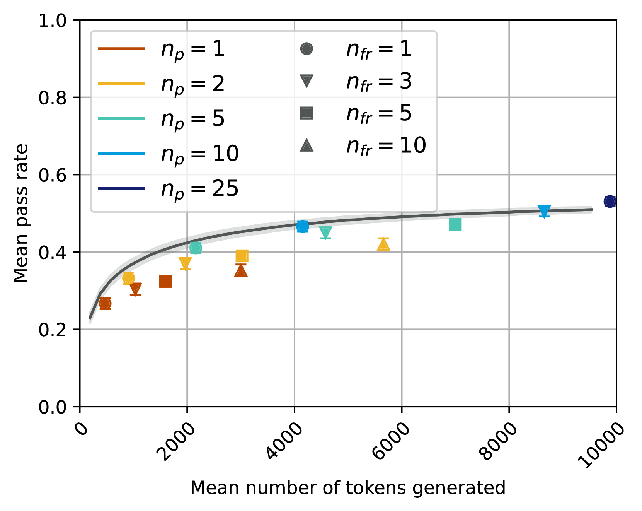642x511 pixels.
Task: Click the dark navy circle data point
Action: point(610,201)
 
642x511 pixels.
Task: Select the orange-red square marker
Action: point(165,282)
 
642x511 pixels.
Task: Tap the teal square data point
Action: point(455,224)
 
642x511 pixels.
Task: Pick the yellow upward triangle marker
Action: point(383,244)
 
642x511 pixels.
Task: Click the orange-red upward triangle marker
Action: point(241,271)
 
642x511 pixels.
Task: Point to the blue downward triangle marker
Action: point(544,211)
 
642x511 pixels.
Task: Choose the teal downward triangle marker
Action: point(325,232)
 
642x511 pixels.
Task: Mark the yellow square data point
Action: point(242,256)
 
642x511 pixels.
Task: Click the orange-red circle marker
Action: point(105,304)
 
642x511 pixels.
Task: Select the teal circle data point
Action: point(196,248)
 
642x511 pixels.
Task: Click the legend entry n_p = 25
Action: point(199,189)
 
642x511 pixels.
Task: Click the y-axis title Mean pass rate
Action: point(21,213)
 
